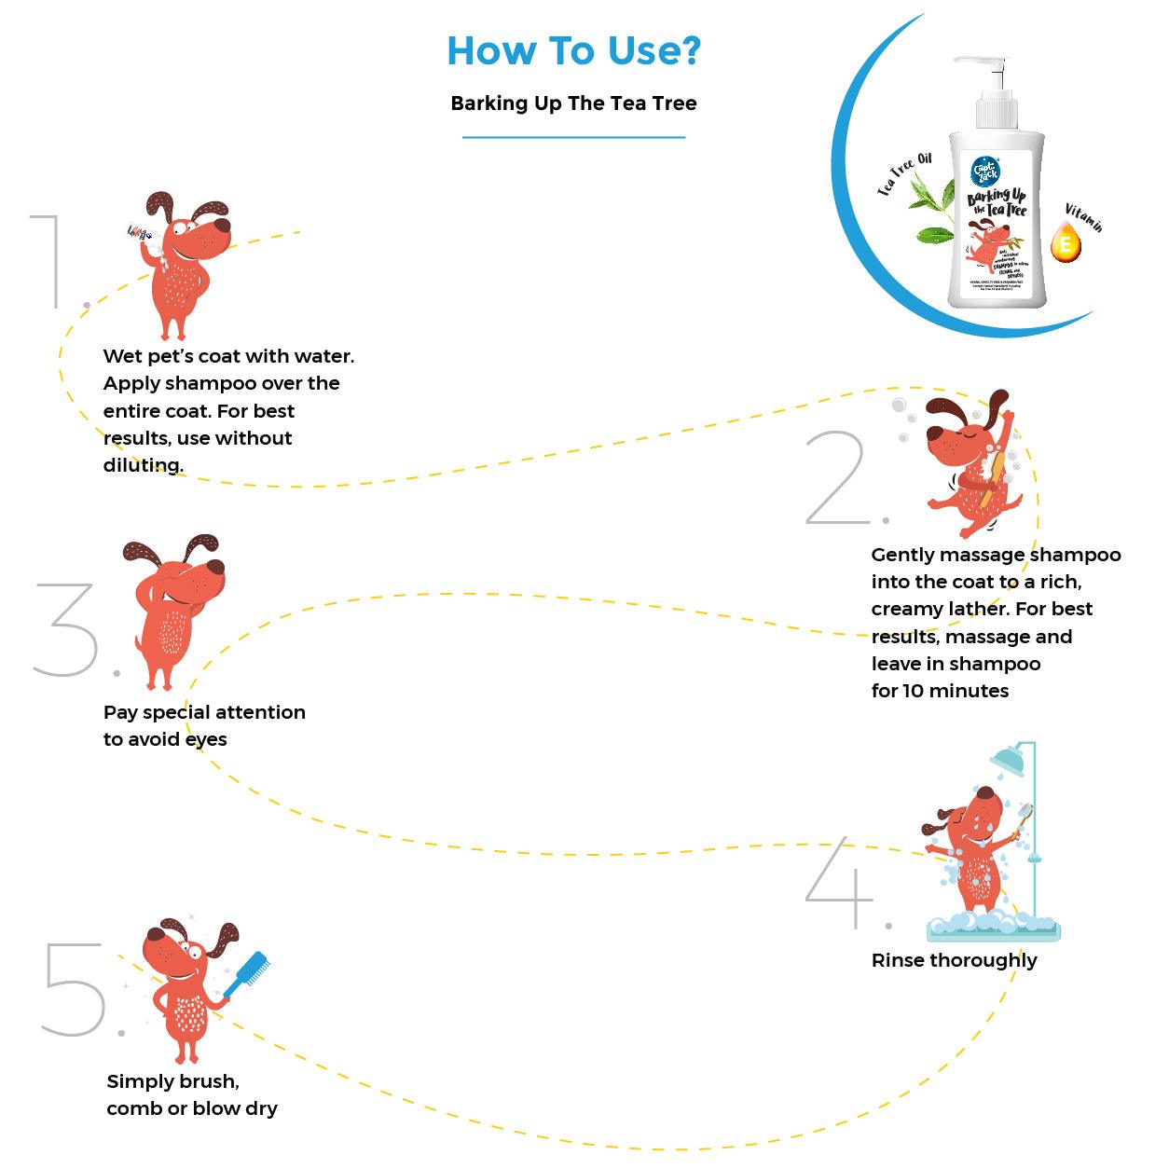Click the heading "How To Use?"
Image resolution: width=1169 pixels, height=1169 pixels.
pyautogui.click(x=573, y=51)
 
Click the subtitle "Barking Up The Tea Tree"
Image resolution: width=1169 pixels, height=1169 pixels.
pyautogui.click(x=573, y=103)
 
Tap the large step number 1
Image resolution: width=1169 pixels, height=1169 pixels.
pyautogui.click(x=48, y=261)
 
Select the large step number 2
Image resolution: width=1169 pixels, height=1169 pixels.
pyautogui.click(x=836, y=478)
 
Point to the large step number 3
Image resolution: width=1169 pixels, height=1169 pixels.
pyautogui.click(x=66, y=630)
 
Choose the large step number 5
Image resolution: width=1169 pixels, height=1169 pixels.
pyautogui.click(x=74, y=988)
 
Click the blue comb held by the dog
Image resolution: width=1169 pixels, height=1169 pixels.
pyautogui.click(x=250, y=970)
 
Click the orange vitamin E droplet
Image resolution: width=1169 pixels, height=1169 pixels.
pyautogui.click(x=1066, y=243)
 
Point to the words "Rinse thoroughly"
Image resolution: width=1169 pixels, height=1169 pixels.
pyautogui.click(x=954, y=960)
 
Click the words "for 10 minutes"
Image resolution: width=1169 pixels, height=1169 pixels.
pyautogui.click(x=940, y=691)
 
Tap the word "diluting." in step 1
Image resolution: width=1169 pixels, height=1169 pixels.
pyautogui.click(x=143, y=465)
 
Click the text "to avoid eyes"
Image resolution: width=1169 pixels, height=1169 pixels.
pyautogui.click(x=165, y=739)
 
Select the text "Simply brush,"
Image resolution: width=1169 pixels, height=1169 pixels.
pyautogui.click(x=172, y=1081)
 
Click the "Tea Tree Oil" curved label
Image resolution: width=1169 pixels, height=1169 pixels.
pyautogui.click(x=904, y=174)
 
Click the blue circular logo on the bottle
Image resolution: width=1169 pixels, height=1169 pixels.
pyautogui.click(x=984, y=170)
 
